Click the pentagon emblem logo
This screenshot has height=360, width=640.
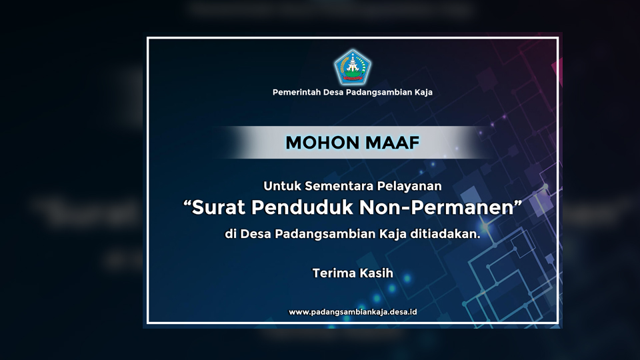pyautogui.click(x=352, y=67)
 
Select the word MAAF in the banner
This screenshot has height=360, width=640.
pyautogui.click(x=392, y=143)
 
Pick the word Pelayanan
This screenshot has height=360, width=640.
pyautogui.click(x=409, y=187)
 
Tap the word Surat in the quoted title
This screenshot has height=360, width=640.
pyautogui.click(x=219, y=207)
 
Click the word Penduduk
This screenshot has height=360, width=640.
pyautogui.click(x=302, y=207)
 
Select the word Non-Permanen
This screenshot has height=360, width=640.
pyautogui.click(x=436, y=207)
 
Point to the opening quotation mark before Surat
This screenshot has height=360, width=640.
pyautogui.click(x=187, y=203)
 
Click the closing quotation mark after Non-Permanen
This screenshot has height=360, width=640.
pyautogui.click(x=518, y=203)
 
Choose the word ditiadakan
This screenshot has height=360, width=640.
pyautogui.click(x=444, y=234)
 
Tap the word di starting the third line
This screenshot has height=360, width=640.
pyautogui.click(x=231, y=234)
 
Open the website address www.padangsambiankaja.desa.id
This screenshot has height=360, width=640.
pyautogui.click(x=353, y=312)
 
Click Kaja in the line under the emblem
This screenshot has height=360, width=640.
pyautogui.click(x=424, y=92)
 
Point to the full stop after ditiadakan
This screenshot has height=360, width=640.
pyautogui.click(x=479, y=237)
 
